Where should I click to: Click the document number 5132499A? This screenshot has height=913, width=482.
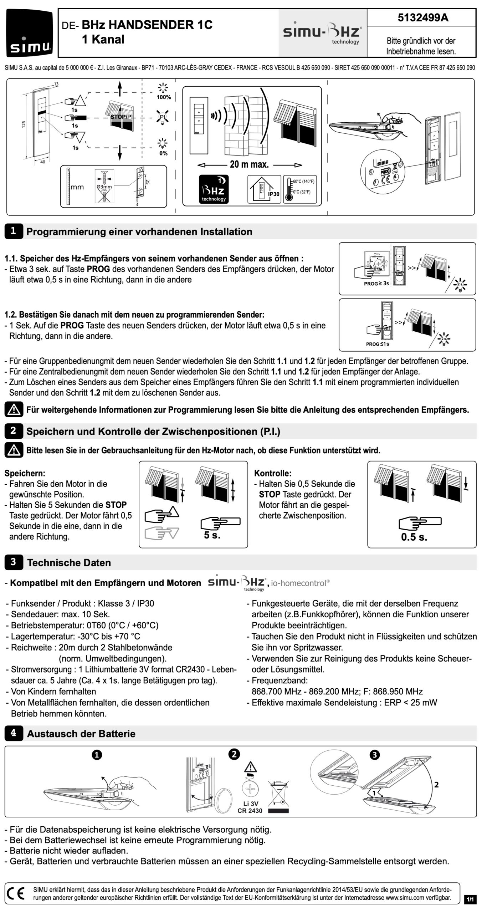click(x=423, y=17)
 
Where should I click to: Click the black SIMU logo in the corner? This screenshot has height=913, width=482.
click(x=29, y=33)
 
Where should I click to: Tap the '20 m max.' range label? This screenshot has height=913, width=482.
click(x=249, y=165)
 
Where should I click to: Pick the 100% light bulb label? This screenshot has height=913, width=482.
click(x=164, y=97)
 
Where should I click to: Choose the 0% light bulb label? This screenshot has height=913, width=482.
click(x=163, y=153)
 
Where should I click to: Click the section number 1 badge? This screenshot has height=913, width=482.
click(x=13, y=231)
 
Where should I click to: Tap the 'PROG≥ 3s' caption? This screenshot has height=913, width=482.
click(x=376, y=284)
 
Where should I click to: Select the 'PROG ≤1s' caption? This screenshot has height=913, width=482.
click(x=378, y=344)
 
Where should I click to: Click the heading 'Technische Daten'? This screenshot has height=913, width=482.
click(x=69, y=562)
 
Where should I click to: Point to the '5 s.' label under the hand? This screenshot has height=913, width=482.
click(x=212, y=535)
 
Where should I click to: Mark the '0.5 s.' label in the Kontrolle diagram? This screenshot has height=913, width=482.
click(x=414, y=537)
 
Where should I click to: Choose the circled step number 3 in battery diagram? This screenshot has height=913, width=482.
click(x=375, y=755)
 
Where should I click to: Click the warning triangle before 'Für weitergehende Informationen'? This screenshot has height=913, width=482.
click(x=14, y=410)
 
